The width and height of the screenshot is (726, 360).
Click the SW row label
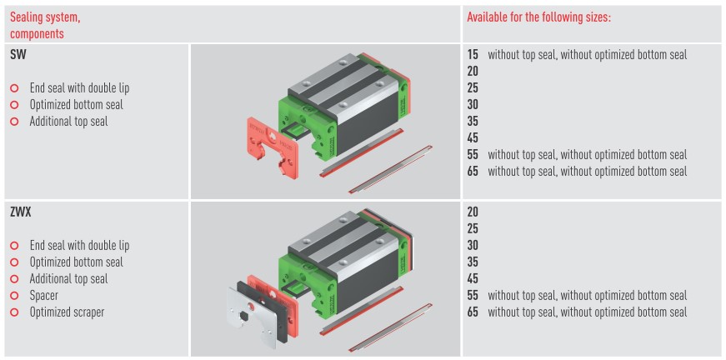(x=18, y=55)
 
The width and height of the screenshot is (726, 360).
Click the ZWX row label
(x=20, y=213)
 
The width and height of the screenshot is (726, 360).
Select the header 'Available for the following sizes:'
(x=539, y=18)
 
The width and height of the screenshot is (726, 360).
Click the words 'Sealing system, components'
(x=45, y=26)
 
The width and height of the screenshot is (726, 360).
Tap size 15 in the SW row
(x=473, y=55)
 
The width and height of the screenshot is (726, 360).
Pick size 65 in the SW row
(x=473, y=171)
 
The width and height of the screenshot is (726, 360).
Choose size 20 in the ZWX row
(x=473, y=212)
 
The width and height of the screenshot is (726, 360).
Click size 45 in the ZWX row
(x=473, y=278)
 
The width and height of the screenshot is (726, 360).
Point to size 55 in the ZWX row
(x=473, y=295)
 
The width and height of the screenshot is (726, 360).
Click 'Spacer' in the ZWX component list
(x=44, y=295)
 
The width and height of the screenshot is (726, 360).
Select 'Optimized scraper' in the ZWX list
(x=68, y=312)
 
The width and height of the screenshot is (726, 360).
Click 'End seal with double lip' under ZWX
(x=80, y=245)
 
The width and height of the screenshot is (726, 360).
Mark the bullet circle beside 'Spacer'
(x=14, y=295)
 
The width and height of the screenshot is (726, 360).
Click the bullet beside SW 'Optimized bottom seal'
(x=14, y=104)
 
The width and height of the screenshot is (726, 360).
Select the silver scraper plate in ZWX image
(x=252, y=316)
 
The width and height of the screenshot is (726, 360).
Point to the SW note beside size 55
(x=587, y=154)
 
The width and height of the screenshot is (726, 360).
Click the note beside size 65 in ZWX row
(x=587, y=312)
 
